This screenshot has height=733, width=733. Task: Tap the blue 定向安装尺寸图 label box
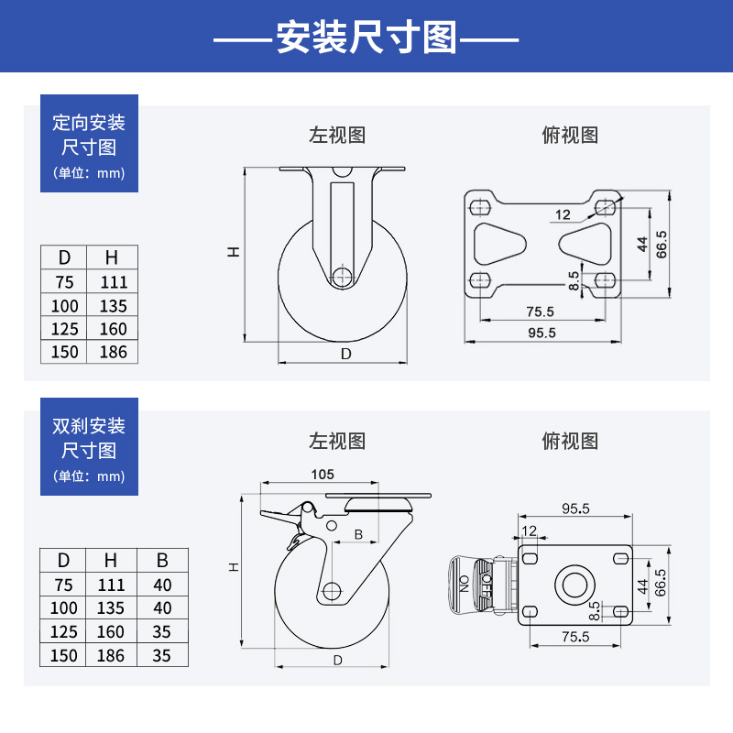[89, 144]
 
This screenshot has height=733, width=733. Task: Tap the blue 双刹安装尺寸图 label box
[89, 446]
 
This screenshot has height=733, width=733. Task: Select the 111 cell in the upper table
[114, 282]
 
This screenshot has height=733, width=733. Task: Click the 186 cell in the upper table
[114, 352]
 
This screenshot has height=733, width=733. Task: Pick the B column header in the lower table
[162, 561]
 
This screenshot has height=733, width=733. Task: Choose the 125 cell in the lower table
[64, 631]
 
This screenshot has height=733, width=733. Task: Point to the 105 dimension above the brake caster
[323, 475]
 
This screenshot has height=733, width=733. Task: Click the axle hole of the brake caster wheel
[331, 591]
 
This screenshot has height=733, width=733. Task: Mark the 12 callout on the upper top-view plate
[563, 215]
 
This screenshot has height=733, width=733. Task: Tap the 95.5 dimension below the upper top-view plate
[541, 333]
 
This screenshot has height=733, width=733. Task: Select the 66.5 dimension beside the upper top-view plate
[662, 245]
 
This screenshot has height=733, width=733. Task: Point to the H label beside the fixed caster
[235, 250]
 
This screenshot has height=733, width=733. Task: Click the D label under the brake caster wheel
[337, 660]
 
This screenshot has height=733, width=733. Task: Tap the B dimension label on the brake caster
[359, 534]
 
